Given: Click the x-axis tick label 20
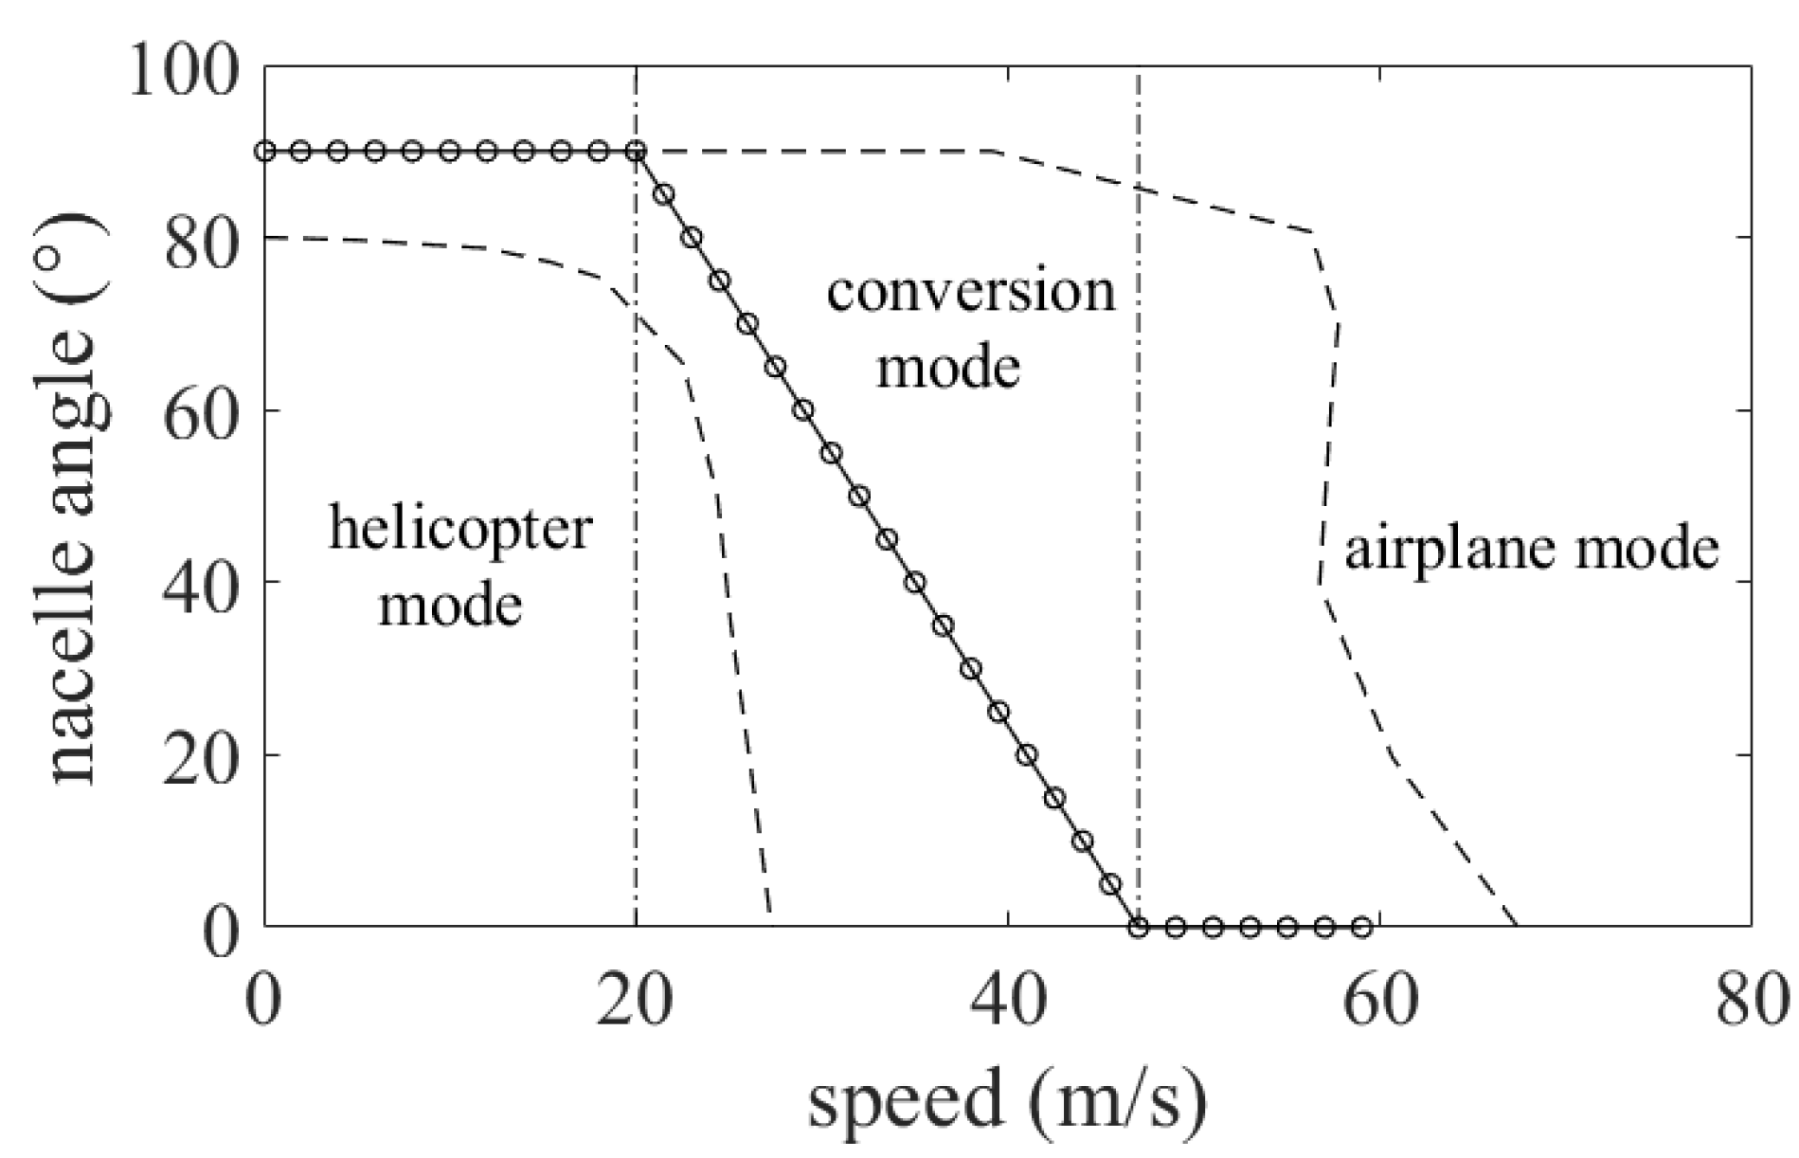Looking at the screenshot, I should [x=635, y=1003].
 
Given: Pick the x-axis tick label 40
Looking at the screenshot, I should [x=1008, y=1003].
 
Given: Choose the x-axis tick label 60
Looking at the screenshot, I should [x=1380, y=1003].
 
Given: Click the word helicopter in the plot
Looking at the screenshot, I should [x=460, y=528].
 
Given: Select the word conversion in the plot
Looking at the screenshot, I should [x=971, y=292].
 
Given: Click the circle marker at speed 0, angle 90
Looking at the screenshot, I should [x=265, y=151].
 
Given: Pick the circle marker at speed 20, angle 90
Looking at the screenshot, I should [x=637, y=151].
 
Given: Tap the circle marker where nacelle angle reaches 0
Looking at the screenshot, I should [x=1138, y=927].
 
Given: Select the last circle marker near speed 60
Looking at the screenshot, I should [x=1361, y=927].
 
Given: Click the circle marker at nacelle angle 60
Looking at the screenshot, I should [x=803, y=410].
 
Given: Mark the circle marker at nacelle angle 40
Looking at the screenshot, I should [x=914, y=583].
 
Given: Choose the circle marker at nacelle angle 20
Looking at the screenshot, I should [x=1026, y=755].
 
